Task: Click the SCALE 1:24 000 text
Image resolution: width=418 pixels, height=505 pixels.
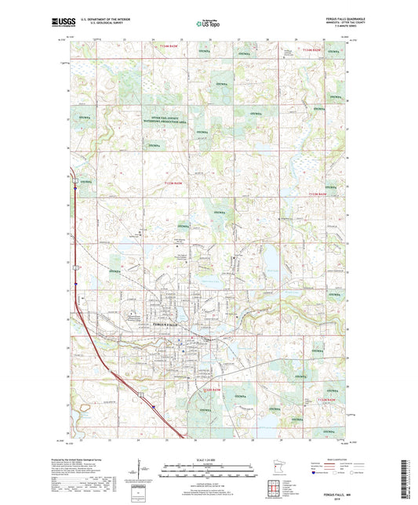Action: coord(209,459)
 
